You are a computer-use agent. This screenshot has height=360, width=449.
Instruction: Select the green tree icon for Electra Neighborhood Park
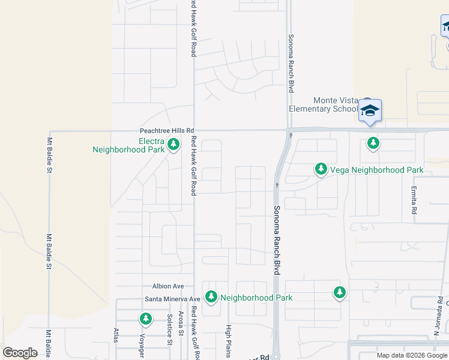(x=173, y=144)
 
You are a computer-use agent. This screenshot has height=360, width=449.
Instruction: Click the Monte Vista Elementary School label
(x=323, y=105)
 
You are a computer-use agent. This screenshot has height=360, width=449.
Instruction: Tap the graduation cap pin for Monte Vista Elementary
(x=370, y=111)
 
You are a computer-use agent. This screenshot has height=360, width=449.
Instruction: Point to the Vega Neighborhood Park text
(x=376, y=170)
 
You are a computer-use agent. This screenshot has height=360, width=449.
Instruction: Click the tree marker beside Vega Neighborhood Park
(x=321, y=170)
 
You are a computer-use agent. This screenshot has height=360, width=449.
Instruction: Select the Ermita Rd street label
(x=414, y=203)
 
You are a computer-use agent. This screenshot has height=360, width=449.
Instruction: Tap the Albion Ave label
(x=168, y=287)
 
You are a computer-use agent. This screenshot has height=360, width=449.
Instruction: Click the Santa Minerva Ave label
(x=172, y=299)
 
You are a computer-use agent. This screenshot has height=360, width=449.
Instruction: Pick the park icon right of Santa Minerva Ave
(x=211, y=297)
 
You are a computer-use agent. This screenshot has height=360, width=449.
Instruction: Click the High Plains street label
(x=228, y=341)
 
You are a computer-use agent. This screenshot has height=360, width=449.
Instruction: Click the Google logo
(x=20, y=353)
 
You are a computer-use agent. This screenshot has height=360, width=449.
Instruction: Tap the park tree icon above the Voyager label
(x=145, y=318)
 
